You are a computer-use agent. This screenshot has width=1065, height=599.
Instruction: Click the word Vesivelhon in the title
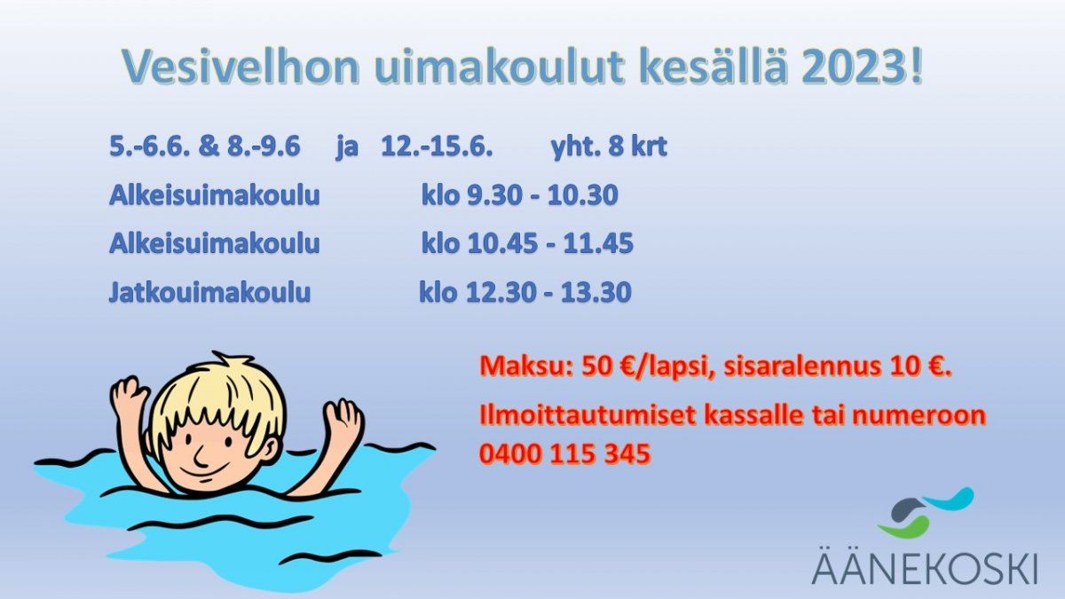(241, 67)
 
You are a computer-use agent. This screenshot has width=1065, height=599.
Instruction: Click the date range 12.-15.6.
(437, 146)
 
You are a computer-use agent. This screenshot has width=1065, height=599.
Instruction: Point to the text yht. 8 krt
(609, 146)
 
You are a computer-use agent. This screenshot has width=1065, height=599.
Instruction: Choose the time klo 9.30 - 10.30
(520, 195)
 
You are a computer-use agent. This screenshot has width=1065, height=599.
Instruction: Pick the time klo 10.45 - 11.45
(527, 243)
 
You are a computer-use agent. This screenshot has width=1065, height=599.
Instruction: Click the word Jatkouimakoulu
(209, 292)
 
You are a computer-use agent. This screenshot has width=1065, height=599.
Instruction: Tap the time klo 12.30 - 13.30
(525, 292)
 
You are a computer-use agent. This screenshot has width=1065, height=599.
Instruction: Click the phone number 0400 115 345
(564, 453)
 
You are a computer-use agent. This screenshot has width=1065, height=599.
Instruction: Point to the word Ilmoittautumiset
(588, 414)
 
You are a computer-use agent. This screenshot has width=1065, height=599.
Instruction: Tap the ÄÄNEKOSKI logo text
(925, 567)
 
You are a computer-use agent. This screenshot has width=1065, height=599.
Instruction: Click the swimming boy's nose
(200, 457)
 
